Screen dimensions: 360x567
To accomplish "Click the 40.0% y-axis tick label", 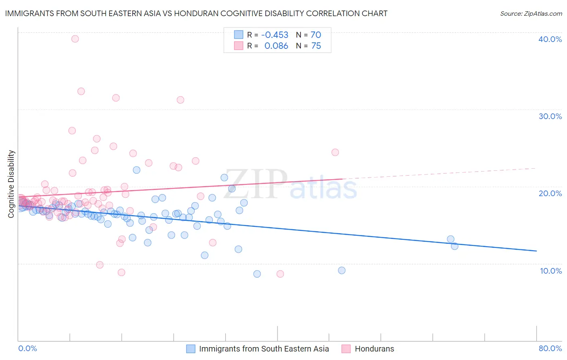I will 550,39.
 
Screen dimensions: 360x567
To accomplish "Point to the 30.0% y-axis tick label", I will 550,116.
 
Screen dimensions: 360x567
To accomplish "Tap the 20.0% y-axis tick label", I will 550,193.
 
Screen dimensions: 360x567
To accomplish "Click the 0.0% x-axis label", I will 27,348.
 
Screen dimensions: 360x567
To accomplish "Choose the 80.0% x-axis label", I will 550,348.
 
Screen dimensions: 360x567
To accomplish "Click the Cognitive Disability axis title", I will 11,184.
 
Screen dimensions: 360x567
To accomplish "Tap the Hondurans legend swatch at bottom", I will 346,349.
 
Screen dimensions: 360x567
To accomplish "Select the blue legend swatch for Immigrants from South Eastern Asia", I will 191,349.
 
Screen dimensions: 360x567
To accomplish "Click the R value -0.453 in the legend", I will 275,35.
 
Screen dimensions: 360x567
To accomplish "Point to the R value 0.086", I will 276,46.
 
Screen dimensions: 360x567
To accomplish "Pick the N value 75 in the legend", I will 316,46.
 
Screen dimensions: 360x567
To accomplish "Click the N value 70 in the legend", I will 316,35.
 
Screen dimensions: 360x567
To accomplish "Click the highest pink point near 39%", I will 75,39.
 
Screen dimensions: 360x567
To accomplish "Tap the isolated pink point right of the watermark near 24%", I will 335,152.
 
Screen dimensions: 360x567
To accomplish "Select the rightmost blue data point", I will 454,246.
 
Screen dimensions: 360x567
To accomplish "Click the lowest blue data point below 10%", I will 257,274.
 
